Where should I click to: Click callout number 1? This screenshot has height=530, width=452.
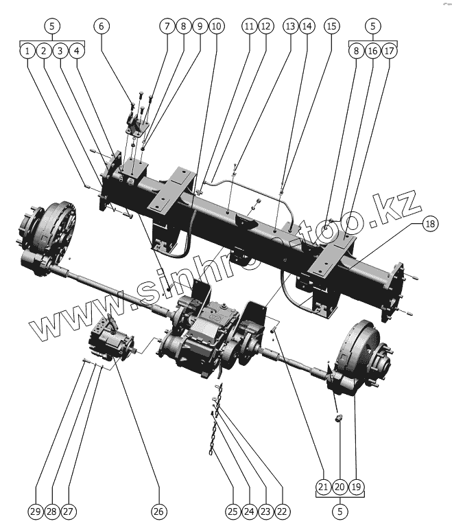click(x=27, y=51)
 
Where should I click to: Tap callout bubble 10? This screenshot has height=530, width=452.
click(x=216, y=26)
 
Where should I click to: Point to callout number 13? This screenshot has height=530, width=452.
click(x=290, y=26)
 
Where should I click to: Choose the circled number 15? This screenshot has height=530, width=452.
click(x=332, y=26)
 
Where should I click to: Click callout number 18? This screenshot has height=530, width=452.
click(x=429, y=224)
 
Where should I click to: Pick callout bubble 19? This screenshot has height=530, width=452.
click(x=356, y=487)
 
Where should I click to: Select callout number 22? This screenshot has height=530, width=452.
click(x=282, y=511)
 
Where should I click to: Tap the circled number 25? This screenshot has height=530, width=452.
click(x=232, y=511)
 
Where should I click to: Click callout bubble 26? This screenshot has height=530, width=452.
click(x=159, y=511)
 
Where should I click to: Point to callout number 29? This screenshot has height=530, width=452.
click(x=35, y=511)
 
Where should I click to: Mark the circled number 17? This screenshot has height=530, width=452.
click(x=389, y=51)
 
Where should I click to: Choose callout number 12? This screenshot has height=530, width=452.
click(x=265, y=26)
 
